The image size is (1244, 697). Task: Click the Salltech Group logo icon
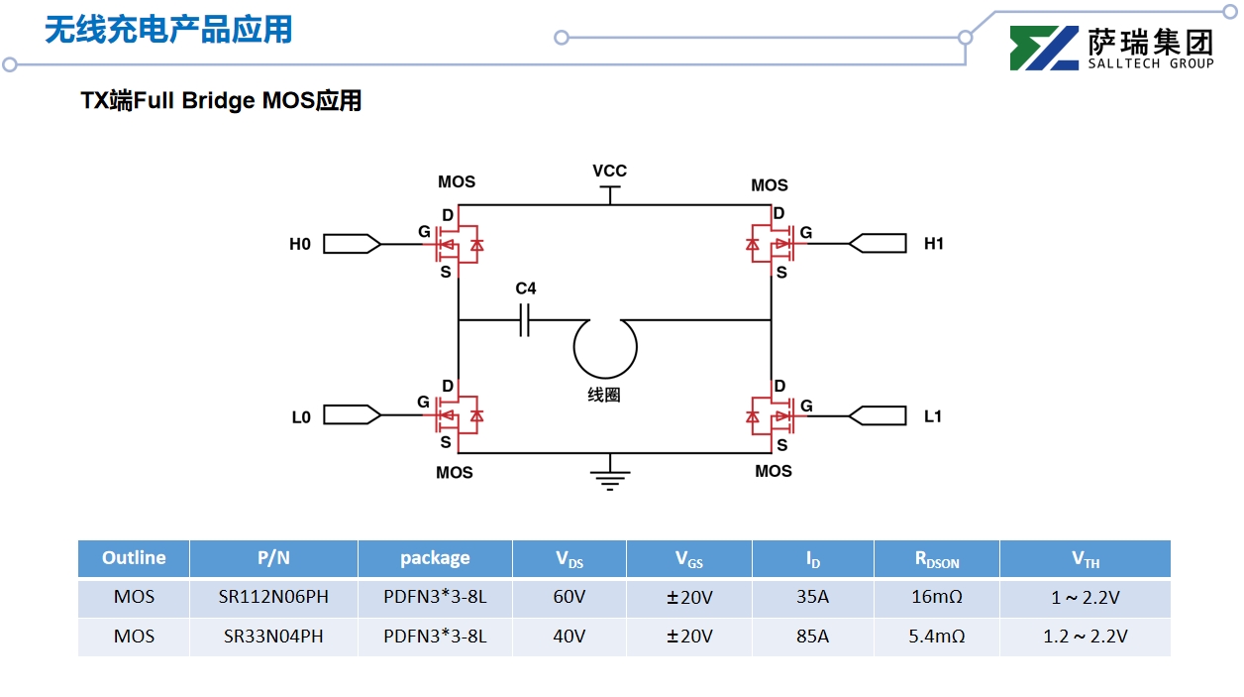(1044, 48)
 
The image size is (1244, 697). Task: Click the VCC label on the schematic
(609, 172)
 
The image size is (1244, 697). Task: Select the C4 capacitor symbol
(525, 320)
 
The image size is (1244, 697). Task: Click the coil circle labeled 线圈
(604, 348)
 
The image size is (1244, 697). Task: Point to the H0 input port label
(300, 244)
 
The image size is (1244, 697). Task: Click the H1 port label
(933, 244)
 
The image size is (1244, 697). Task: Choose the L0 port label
(301, 417)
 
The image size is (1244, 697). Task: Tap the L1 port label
(932, 416)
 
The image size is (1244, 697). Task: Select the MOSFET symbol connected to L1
(771, 416)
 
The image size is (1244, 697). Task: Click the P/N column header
(273, 558)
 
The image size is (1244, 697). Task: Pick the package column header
(435, 558)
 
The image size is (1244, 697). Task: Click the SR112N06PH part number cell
(273, 598)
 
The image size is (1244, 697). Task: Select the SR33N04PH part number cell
(273, 637)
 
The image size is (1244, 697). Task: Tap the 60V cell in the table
(569, 598)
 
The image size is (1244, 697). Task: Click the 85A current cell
(812, 637)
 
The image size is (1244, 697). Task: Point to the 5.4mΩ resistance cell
(936, 637)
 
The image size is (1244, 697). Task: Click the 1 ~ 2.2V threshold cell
(1085, 598)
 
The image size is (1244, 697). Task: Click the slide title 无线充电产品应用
(168, 30)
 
